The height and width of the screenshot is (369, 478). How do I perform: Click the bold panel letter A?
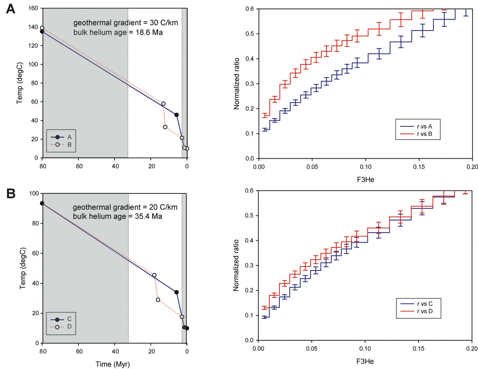click(x=10, y=10)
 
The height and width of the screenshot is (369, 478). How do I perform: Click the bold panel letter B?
click(x=10, y=195)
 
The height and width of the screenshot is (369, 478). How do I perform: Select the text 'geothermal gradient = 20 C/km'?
click(x=118, y=208)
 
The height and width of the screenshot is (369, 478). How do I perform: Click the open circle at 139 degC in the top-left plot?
click(x=42, y=28)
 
